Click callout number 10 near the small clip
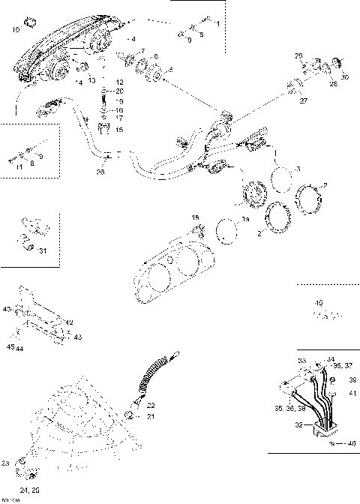click(x=16, y=30)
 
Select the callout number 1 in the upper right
click(x=217, y=25)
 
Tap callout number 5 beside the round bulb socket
click(x=169, y=70)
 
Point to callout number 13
click(x=91, y=80)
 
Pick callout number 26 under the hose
click(x=102, y=172)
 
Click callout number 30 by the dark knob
click(x=344, y=77)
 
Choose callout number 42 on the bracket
click(x=69, y=322)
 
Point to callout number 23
click(x=5, y=462)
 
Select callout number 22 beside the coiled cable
click(x=151, y=405)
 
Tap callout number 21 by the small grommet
click(x=151, y=416)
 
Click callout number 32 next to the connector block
click(x=299, y=424)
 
